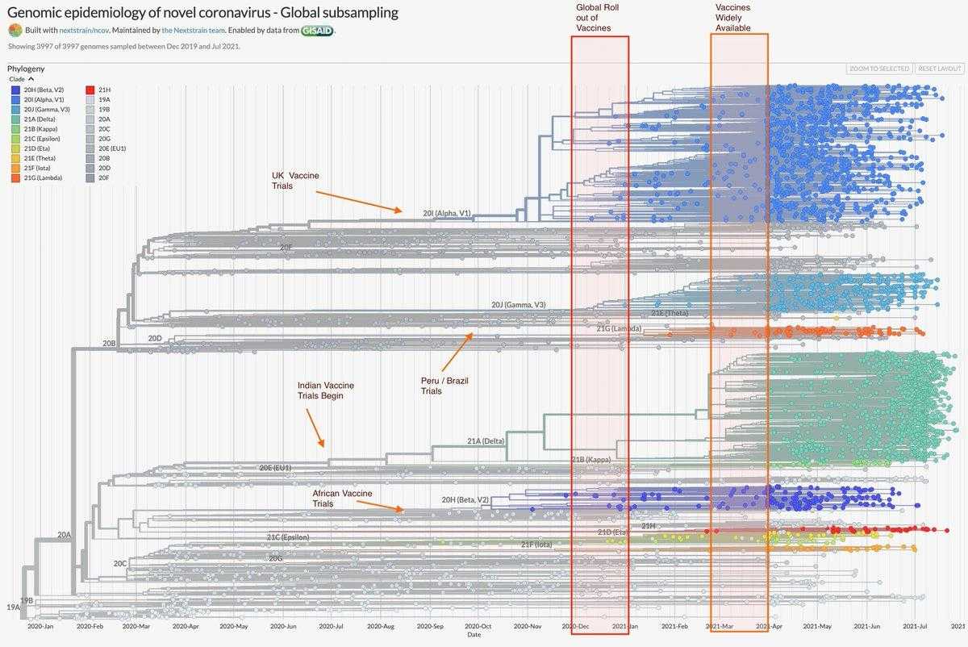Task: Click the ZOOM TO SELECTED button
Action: [879, 69]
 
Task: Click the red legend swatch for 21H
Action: [90, 89]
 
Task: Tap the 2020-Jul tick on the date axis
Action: [331, 625]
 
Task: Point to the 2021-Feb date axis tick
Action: [674, 625]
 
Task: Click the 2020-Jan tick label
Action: [40, 625]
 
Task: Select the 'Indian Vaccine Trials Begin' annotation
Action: [325, 390]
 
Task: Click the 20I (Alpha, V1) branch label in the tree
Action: [446, 213]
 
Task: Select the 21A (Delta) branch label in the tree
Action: [486, 441]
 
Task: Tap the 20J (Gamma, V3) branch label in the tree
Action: [518, 305]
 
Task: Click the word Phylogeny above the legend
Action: [26, 69]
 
